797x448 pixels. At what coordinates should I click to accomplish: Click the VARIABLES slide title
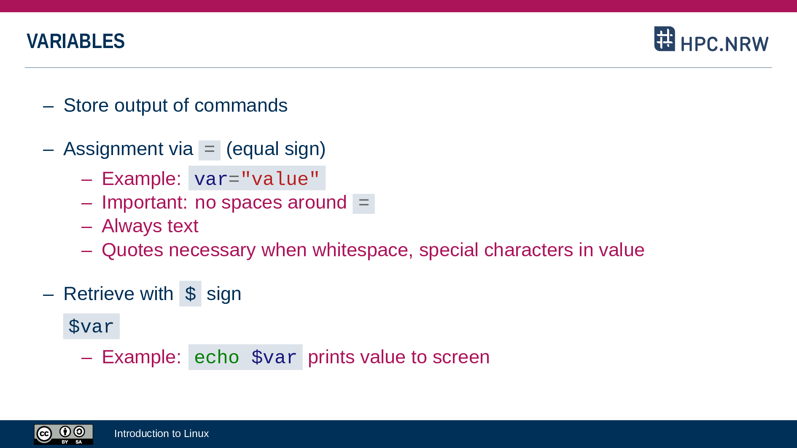tap(75, 41)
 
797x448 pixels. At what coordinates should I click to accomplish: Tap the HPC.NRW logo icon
tap(665, 39)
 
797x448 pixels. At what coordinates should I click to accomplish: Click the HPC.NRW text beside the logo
tap(724, 44)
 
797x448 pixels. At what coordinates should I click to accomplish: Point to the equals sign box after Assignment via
tap(210, 150)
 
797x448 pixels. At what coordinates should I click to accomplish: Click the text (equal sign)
tap(276, 149)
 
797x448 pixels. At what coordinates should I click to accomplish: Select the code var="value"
tap(257, 178)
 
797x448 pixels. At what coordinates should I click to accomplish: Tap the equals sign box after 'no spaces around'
tap(363, 204)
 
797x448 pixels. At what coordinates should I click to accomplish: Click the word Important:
tap(145, 203)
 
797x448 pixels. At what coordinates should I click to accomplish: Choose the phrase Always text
tap(150, 226)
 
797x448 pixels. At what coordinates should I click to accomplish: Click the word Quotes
tap(132, 250)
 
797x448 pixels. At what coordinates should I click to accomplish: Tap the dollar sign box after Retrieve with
tap(190, 294)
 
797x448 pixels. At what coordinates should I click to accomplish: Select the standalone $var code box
tap(92, 326)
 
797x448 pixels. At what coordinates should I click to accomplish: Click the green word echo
tap(217, 357)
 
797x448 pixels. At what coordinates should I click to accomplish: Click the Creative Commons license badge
tap(64, 435)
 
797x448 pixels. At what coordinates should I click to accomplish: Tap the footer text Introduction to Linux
tap(162, 434)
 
